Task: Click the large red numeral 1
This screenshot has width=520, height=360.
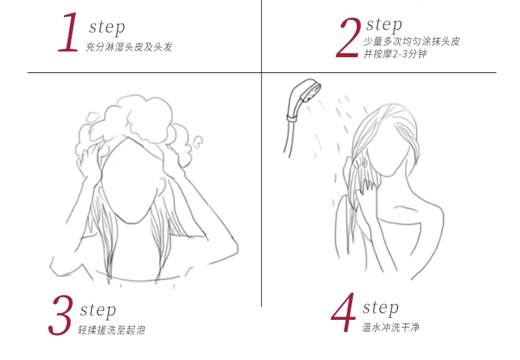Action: click(x=68, y=32)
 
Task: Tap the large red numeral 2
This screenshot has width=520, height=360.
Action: click(x=348, y=38)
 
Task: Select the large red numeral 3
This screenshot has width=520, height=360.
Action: click(x=61, y=315)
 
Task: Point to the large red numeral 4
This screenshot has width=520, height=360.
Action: click(x=343, y=312)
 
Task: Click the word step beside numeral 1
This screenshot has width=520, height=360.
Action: click(x=107, y=28)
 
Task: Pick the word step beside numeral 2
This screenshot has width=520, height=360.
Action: click(x=384, y=25)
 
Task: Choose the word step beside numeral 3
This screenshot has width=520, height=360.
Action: click(x=98, y=311)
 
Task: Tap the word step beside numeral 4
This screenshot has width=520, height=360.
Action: click(x=380, y=308)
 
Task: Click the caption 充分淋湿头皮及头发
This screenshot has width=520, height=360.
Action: click(x=129, y=47)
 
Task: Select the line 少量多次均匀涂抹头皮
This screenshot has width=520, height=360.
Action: click(x=411, y=41)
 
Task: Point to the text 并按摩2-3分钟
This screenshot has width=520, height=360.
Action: click(x=395, y=54)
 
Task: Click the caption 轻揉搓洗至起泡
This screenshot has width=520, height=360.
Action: click(x=112, y=330)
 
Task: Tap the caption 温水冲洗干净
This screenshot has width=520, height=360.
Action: click(x=391, y=328)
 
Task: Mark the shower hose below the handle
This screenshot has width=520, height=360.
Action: click(x=288, y=138)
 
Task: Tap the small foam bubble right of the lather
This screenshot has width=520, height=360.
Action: click(x=197, y=141)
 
